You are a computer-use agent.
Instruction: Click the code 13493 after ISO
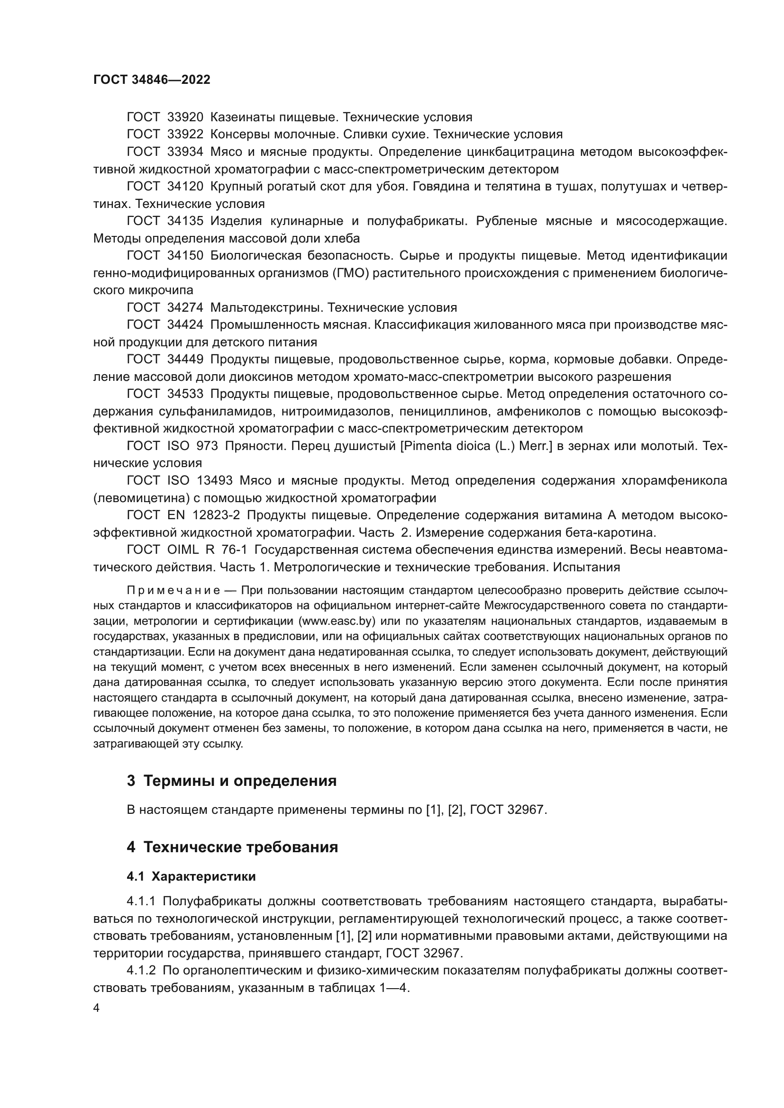[x=215, y=481]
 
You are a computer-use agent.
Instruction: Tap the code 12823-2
[x=216, y=515]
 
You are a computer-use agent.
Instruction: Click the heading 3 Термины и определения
[x=232, y=781]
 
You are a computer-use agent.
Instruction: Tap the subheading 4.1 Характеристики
[x=191, y=877]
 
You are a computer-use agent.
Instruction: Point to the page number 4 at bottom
[x=96, y=1009]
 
